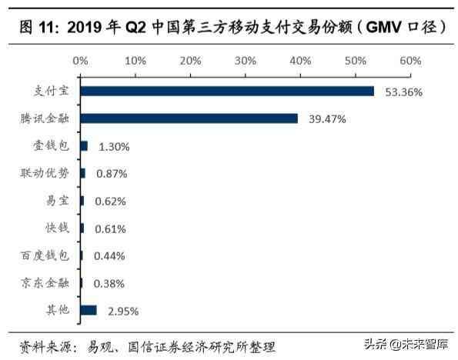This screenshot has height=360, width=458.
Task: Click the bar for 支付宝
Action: pyautogui.click(x=227, y=92)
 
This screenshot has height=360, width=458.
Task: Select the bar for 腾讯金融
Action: pyautogui.click(x=189, y=118)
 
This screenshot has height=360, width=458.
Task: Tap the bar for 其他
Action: pyautogui.click(x=89, y=310)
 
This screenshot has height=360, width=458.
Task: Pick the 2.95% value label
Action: pyautogui.click(x=122, y=311)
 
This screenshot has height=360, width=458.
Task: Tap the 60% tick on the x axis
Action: pyautogui.click(x=410, y=60)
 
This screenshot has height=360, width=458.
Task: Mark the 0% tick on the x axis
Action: pyautogui.click(x=80, y=60)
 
